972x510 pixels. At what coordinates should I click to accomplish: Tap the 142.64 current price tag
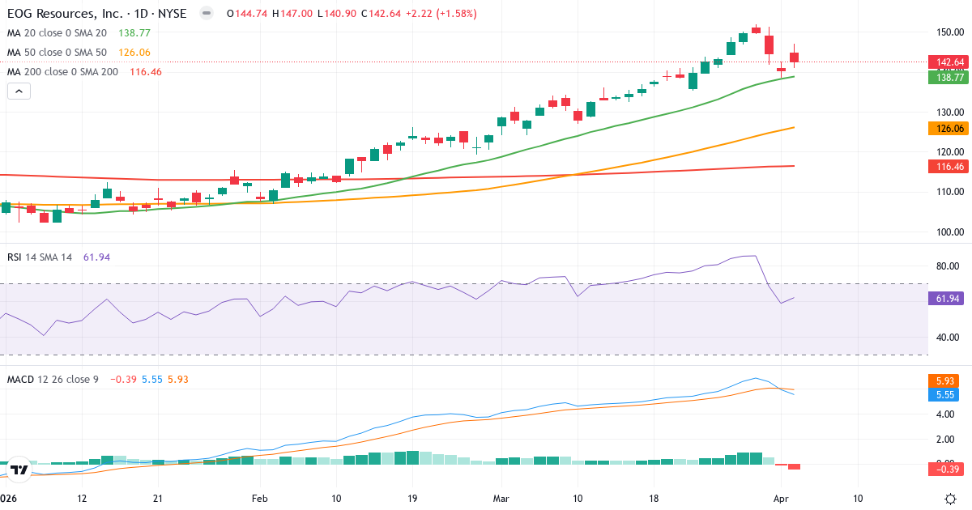[947, 62]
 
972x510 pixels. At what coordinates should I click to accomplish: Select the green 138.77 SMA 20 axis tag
[947, 77]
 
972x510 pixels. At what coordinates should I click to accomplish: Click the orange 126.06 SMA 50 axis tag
[947, 128]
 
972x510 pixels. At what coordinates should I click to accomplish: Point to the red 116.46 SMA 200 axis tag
[947, 166]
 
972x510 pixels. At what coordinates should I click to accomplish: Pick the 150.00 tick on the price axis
[947, 32]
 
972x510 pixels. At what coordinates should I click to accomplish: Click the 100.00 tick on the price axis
[947, 232]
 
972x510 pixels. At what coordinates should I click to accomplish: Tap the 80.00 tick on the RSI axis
[949, 266]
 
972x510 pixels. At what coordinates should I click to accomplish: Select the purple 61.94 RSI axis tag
[947, 298]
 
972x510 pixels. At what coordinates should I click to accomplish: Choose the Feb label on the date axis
[259, 498]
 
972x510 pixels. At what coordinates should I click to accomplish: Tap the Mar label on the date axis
[502, 498]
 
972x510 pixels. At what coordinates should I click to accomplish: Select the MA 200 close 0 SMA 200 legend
[63, 72]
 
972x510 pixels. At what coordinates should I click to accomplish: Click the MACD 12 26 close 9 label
[53, 379]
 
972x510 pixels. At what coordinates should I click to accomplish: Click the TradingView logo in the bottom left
[20, 470]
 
